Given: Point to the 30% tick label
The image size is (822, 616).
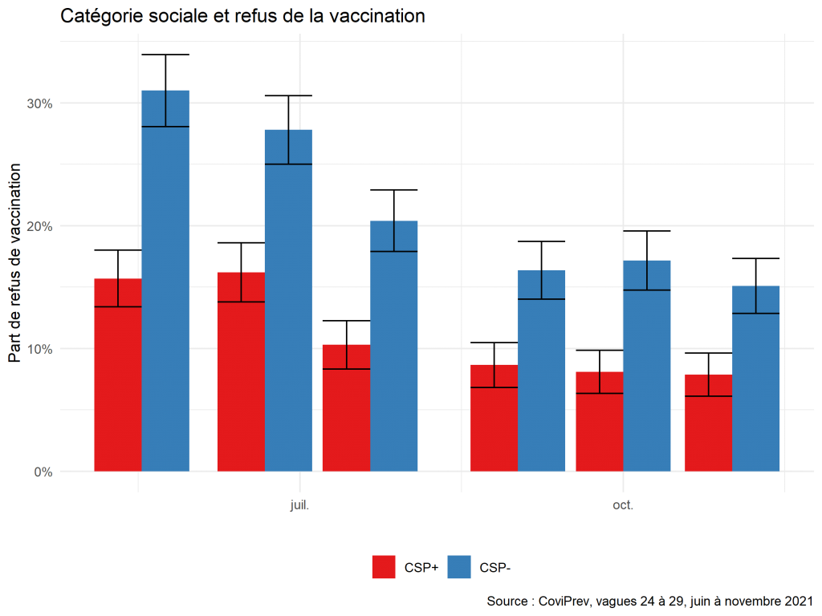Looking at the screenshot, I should point(39,103).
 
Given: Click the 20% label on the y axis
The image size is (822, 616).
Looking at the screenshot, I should point(39,226).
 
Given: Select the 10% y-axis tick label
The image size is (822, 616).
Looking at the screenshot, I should point(39,349).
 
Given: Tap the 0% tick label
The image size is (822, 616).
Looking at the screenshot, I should point(43,472).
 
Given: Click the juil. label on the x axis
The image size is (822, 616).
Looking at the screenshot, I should point(299,506).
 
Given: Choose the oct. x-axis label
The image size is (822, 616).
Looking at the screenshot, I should point(623,506).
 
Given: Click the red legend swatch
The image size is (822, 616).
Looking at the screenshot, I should point(384,567).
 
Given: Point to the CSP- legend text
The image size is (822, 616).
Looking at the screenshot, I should point(494,568).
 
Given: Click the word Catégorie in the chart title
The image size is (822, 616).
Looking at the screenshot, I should point(101,16).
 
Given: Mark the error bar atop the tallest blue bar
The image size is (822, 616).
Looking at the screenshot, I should point(165,108).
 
